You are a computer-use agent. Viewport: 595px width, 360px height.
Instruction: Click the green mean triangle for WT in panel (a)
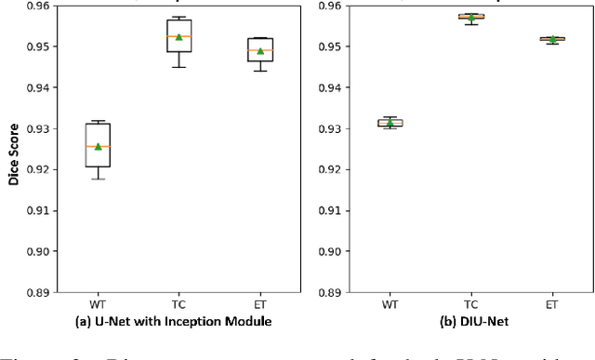(x=98, y=146)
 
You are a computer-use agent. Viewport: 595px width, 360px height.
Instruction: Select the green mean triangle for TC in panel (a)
(x=178, y=36)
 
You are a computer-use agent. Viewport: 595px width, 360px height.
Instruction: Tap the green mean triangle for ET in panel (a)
(x=259, y=51)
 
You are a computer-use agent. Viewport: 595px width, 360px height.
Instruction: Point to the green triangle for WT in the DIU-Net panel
(x=390, y=122)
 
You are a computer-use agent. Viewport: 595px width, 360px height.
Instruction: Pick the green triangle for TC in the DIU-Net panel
(x=471, y=17)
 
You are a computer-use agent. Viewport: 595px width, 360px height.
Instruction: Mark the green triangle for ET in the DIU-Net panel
(x=552, y=38)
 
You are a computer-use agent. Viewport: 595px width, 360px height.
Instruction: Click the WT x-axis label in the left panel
(x=98, y=303)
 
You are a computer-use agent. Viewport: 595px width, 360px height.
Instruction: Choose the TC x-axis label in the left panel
(x=178, y=303)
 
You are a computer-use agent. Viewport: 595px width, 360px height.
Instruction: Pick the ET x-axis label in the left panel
(x=259, y=303)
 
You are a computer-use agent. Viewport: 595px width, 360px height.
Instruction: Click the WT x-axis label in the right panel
(x=390, y=303)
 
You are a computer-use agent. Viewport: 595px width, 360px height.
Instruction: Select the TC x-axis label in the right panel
(x=471, y=303)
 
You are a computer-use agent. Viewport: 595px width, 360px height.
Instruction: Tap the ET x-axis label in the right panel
(x=552, y=303)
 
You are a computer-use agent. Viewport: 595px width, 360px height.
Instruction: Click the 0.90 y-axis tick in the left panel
(x=38, y=251)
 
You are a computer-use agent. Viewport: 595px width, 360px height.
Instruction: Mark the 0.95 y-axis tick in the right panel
(x=332, y=47)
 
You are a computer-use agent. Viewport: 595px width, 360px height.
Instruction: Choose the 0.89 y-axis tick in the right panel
(x=332, y=292)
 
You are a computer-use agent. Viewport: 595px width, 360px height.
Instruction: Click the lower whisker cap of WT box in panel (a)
(x=98, y=179)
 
